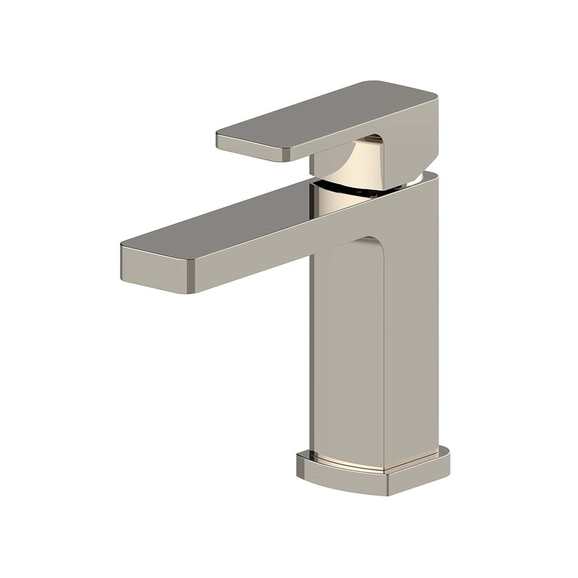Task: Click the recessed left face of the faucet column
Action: coord(347,357)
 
